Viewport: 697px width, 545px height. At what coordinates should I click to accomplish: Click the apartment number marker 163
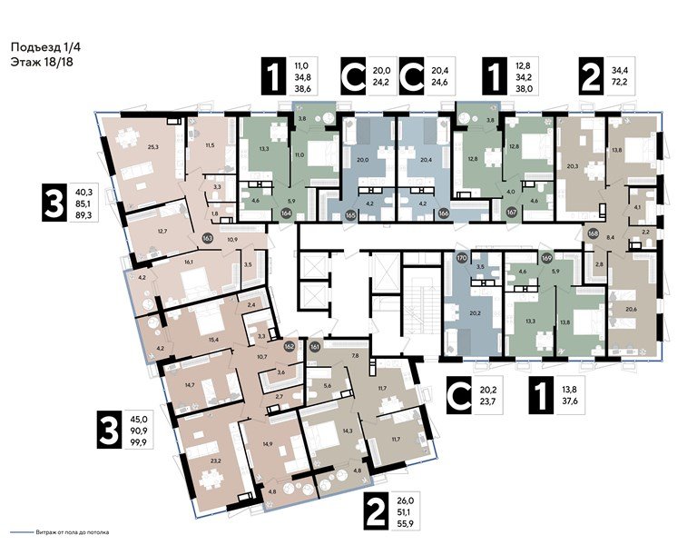point(208,240)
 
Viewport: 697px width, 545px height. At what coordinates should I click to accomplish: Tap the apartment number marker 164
point(287,214)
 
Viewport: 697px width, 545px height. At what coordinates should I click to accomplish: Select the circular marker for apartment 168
point(594,231)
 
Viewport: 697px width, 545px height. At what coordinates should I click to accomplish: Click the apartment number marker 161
point(315,346)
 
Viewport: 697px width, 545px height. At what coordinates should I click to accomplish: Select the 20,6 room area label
point(631,310)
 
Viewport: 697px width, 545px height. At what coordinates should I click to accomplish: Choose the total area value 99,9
point(141,441)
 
